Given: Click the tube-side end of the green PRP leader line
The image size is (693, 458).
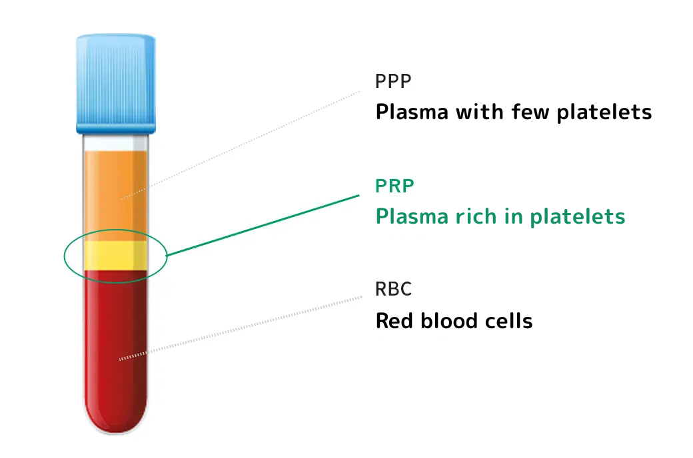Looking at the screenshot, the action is click(x=167, y=255).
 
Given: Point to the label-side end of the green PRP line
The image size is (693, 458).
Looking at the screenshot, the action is click(x=359, y=195).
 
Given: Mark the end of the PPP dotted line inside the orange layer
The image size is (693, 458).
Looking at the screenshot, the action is click(x=121, y=199).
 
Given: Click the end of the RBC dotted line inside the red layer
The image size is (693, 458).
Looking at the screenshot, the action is click(x=120, y=359).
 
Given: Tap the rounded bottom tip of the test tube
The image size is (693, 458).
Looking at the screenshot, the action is click(x=116, y=434).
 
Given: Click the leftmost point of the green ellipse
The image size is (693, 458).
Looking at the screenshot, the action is click(x=64, y=256).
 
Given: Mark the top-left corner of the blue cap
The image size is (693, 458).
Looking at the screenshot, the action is click(x=77, y=35).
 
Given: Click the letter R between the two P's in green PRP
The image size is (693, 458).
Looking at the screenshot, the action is click(x=394, y=186).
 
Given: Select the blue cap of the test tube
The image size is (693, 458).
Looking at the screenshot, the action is click(x=116, y=84).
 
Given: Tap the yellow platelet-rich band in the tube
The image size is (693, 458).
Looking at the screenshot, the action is click(x=116, y=255).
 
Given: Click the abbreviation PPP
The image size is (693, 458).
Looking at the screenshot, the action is click(x=393, y=81).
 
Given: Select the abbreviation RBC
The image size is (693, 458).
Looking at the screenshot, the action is click(x=393, y=290).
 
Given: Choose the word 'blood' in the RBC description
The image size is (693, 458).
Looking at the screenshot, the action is click(x=449, y=321).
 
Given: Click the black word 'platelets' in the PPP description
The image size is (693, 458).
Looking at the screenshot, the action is click(x=604, y=113).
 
